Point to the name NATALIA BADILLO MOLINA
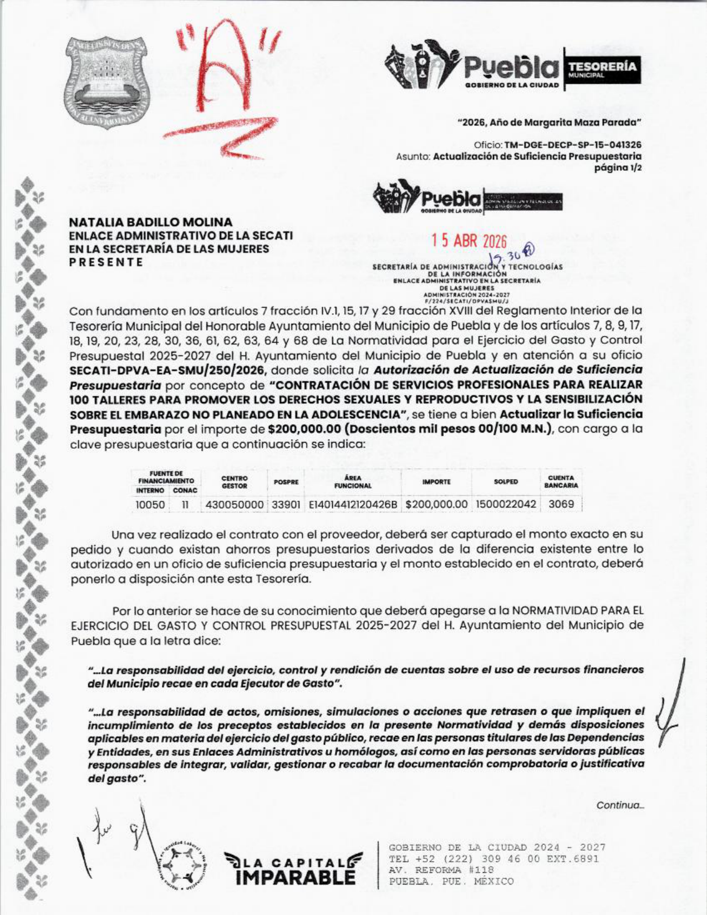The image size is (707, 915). (x=151, y=222)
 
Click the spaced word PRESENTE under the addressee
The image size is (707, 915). (x=106, y=262)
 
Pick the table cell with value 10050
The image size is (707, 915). (x=150, y=505)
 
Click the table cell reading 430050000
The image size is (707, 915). (x=235, y=505)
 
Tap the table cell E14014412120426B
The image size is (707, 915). (x=353, y=505)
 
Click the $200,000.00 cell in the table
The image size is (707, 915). (x=436, y=505)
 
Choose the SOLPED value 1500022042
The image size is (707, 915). (x=506, y=505)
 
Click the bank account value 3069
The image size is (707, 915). (x=561, y=505)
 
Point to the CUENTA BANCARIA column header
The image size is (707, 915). (x=561, y=481)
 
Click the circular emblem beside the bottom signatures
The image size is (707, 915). (x=182, y=866)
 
